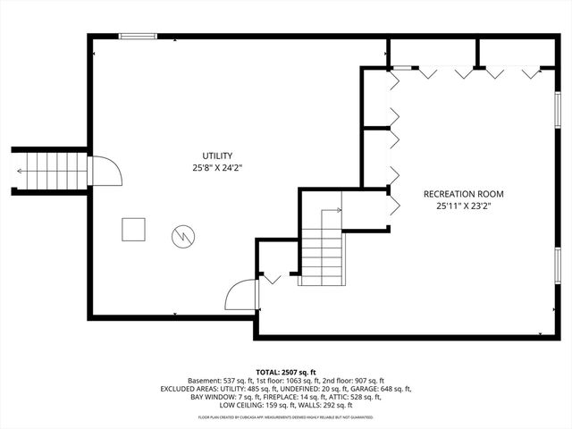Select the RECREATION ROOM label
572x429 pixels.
(x=464, y=194)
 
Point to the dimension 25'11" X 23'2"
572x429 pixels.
(x=464, y=206)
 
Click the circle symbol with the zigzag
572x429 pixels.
(x=183, y=236)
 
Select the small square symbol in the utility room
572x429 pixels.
(x=134, y=230)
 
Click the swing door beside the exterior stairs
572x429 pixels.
(x=105, y=170)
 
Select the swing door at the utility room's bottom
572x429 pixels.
(x=241, y=296)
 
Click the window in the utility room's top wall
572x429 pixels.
(x=138, y=37)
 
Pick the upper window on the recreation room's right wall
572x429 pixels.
(x=557, y=111)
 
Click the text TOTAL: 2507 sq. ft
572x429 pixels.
(x=286, y=371)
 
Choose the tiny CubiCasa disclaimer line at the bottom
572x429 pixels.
(x=286, y=416)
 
